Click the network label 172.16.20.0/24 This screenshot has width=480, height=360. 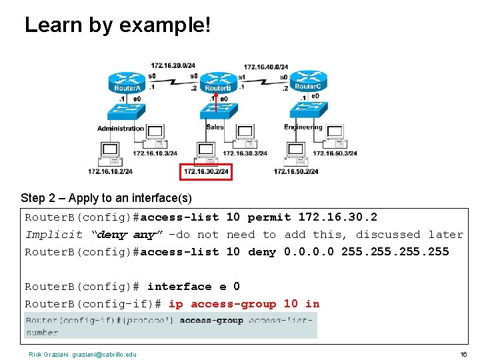click(x=173, y=65)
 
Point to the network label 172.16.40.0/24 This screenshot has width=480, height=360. click(x=266, y=67)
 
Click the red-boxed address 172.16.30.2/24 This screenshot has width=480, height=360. click(x=206, y=172)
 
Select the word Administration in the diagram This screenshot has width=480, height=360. click(x=121, y=128)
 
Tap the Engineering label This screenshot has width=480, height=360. click(x=303, y=127)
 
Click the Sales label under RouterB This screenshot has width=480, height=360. click(x=215, y=127)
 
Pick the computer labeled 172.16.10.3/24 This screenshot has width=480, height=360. click(x=156, y=135)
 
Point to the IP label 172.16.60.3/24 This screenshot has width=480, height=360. click(x=335, y=153)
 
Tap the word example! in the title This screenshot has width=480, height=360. click(x=165, y=25)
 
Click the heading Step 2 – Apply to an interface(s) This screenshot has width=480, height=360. click(x=106, y=198)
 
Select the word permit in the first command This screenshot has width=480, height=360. click(x=269, y=217)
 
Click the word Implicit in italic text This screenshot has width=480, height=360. click(x=54, y=235)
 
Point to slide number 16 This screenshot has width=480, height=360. click(x=463, y=354)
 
